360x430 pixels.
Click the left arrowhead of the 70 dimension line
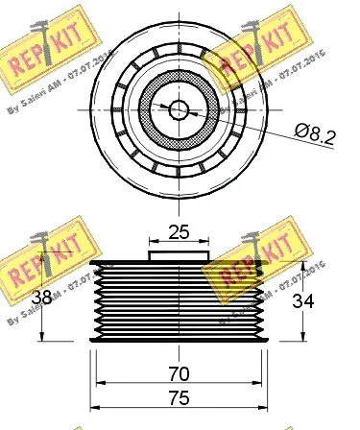click(x=100, y=385)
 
